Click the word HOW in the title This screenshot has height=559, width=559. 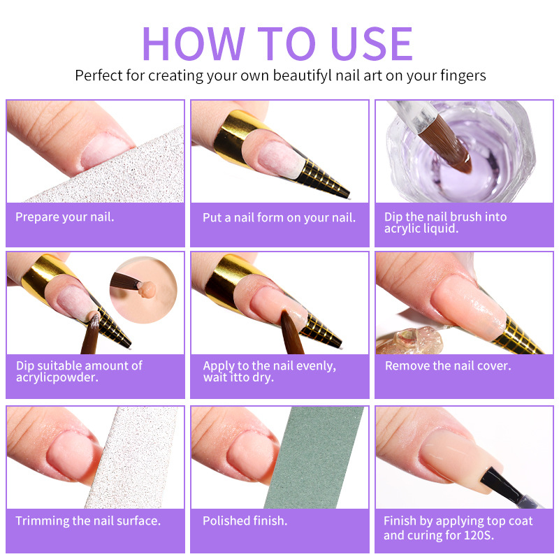pyautogui.click(x=194, y=43)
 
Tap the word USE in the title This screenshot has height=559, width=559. pyautogui.click(x=372, y=43)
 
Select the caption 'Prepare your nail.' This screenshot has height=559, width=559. pyautogui.click(x=64, y=217)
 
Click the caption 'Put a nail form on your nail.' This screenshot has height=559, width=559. pyautogui.click(x=279, y=217)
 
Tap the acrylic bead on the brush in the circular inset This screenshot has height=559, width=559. pyautogui.click(x=147, y=289)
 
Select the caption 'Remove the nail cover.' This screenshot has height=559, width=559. pyautogui.click(x=448, y=365)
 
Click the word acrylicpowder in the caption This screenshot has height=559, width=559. pyautogui.click(x=57, y=377)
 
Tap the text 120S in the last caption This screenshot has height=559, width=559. pyautogui.click(x=479, y=535)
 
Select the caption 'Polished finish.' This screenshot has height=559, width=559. pyautogui.click(x=245, y=521)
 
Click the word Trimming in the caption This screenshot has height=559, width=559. pyautogui.click(x=42, y=521)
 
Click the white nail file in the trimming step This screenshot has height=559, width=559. pyautogui.click(x=131, y=458)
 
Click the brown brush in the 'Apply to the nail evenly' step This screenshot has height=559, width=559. pyautogui.click(x=291, y=331)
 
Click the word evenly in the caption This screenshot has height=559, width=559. pyautogui.click(x=316, y=366)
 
